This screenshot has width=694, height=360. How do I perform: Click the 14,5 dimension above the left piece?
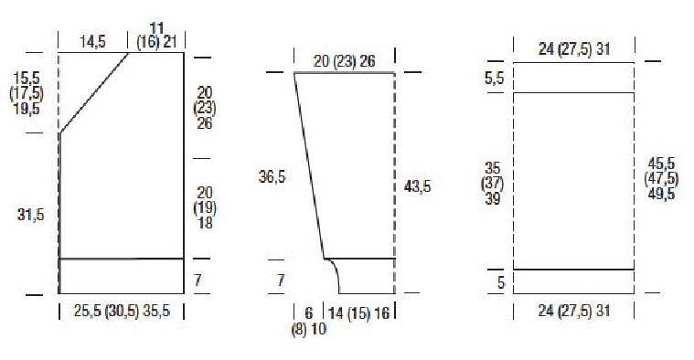point(92,42)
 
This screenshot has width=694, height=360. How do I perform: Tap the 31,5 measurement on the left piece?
point(30,215)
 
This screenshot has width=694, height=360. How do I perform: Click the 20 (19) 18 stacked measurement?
point(205,207)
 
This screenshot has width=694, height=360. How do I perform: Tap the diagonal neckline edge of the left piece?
point(94,92)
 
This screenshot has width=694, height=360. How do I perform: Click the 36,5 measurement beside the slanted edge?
point(272,177)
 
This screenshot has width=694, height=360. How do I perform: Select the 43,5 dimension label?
point(417,186)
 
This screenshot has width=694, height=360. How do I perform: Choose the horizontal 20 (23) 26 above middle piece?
point(345,61)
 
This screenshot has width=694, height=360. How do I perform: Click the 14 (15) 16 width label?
point(359,313)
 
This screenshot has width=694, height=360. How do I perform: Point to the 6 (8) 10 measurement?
point(309,321)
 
